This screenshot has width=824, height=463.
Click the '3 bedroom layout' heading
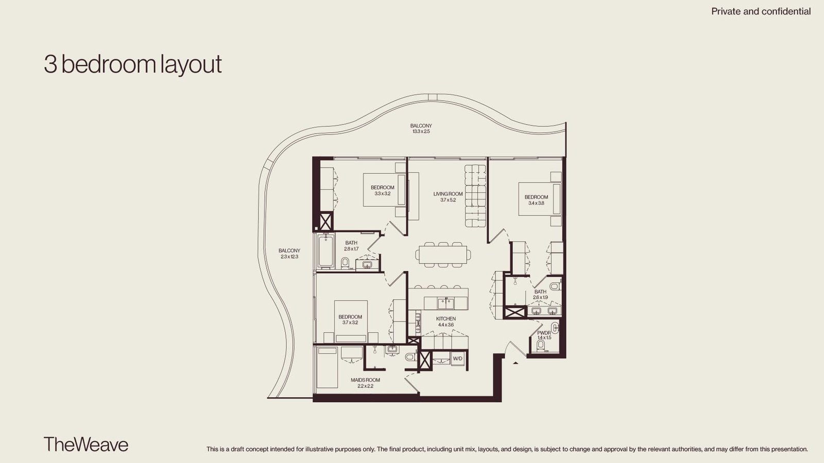[x=133, y=65]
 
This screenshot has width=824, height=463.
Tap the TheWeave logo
[x=86, y=444]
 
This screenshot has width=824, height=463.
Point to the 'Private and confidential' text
[x=761, y=11]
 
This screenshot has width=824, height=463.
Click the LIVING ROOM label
[x=448, y=193]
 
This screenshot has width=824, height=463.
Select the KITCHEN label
[x=446, y=318]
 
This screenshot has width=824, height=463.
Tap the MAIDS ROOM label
[x=365, y=380]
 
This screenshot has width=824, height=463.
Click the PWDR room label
[x=544, y=333]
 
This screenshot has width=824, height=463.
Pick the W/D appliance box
[x=458, y=358]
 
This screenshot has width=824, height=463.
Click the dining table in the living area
[x=443, y=254]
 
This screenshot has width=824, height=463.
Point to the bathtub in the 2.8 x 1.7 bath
[x=326, y=252]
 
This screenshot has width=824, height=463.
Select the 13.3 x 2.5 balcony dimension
[x=421, y=131]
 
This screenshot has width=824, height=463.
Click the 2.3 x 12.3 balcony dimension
[x=289, y=257]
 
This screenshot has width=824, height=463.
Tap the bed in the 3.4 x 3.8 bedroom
[x=540, y=199]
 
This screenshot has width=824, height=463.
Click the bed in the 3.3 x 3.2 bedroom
[x=384, y=190]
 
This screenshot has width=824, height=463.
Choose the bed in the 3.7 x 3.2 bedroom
[x=351, y=322]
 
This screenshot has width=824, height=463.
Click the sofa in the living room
[x=475, y=196]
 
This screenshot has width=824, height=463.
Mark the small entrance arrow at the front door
[x=516, y=363]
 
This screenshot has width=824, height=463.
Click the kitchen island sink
[x=446, y=304]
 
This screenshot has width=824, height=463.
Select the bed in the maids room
[x=327, y=367]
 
